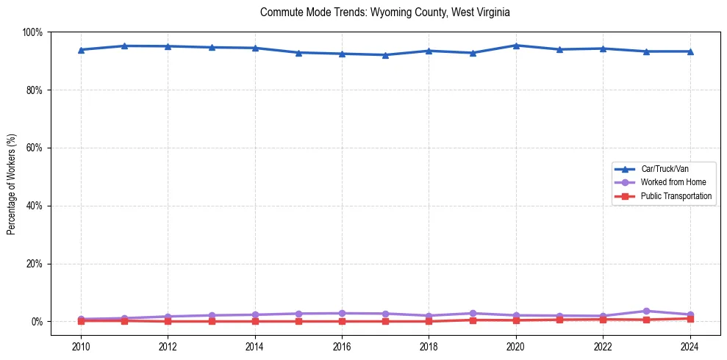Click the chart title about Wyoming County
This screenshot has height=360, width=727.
[x=385, y=12]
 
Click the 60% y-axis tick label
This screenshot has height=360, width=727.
[x=34, y=148]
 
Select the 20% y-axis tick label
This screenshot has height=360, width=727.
[x=34, y=264]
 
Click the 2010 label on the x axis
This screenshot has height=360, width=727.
[x=81, y=348]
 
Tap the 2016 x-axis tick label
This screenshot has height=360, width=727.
[x=342, y=348]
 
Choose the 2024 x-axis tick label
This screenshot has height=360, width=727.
[x=690, y=348]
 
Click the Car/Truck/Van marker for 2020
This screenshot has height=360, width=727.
[x=516, y=46]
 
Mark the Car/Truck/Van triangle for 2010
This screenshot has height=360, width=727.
[x=81, y=50]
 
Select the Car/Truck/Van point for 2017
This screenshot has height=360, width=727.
[x=385, y=55]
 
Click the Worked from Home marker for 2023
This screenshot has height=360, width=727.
[x=646, y=312]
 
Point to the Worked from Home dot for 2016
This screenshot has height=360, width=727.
[x=342, y=314]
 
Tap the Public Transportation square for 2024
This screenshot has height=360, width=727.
[x=690, y=319]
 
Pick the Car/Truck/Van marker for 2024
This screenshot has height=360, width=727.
[x=690, y=51]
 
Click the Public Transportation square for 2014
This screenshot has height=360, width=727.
[x=255, y=322]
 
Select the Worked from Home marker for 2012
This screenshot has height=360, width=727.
[x=168, y=317]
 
